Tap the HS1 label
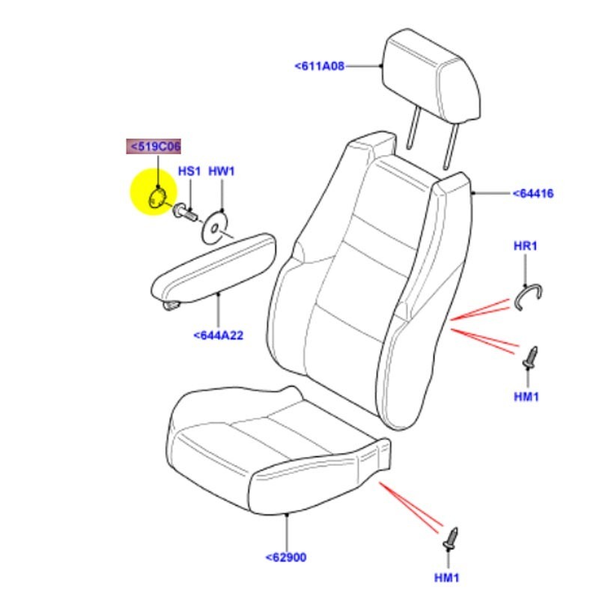[189, 171]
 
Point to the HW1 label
[222, 171]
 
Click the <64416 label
[532, 194]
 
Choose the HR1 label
[526, 246]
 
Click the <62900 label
[286, 557]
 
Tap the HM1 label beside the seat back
[527, 396]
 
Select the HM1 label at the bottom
[448, 577]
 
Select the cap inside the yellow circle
[158, 198]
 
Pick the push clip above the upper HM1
[531, 358]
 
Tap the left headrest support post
[412, 135]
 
